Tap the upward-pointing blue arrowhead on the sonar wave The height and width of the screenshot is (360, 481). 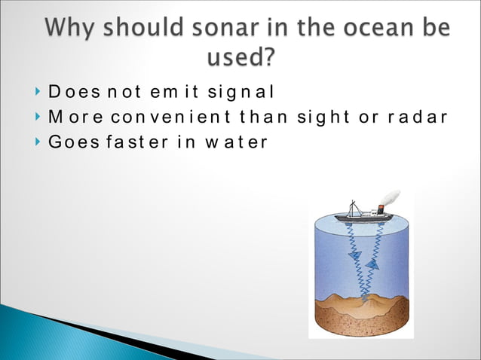point(371,264)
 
